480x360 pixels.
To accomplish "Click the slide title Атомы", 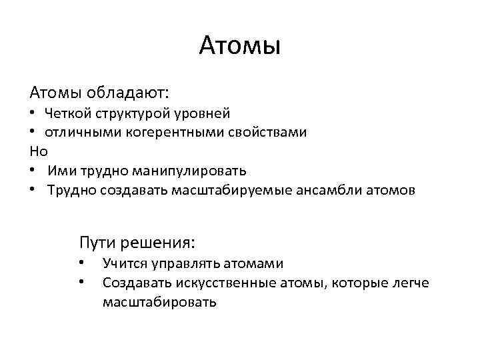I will tap(240, 46).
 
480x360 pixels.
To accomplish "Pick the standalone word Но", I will tap(39, 151).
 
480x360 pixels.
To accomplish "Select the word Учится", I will tap(122, 264).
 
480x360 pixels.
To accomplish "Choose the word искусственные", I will tap(226, 283).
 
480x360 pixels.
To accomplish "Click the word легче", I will tap(412, 283).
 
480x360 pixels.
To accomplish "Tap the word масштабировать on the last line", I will tap(159, 302).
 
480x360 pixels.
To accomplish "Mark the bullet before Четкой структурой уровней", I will tap(33, 113).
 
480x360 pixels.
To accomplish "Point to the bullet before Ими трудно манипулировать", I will tap(33, 170).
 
